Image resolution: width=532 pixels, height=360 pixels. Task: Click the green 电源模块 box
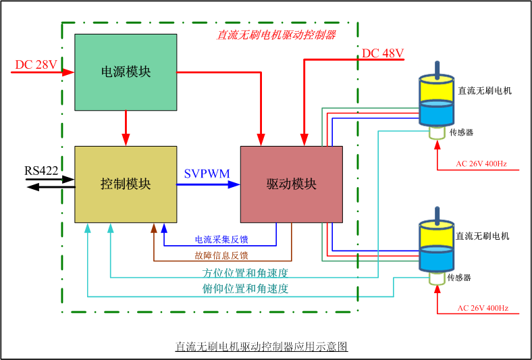pyautogui.click(x=126, y=71)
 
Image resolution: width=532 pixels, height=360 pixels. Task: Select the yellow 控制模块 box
pyautogui.click(x=126, y=184)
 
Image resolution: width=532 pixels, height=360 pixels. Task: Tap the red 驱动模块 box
pyautogui.click(x=291, y=184)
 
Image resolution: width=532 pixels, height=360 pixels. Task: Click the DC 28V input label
pyautogui.click(x=36, y=65)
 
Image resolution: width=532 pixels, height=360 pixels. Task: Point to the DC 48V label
pyautogui.click(x=383, y=53)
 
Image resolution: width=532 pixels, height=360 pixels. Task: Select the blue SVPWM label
pyautogui.click(x=207, y=174)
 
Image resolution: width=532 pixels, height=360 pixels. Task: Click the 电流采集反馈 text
pyautogui.click(x=221, y=239)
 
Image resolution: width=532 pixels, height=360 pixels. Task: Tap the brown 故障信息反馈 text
pyautogui.click(x=221, y=255)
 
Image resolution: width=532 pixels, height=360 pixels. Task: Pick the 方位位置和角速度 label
pyautogui.click(x=246, y=273)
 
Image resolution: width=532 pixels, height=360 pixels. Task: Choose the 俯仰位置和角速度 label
pyautogui.click(x=246, y=288)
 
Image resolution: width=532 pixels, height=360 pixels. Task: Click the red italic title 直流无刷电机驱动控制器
pyautogui.click(x=276, y=34)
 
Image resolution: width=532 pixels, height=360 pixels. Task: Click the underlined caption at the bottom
pyautogui.click(x=261, y=346)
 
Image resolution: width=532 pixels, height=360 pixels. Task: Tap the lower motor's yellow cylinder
pyautogui.click(x=437, y=235)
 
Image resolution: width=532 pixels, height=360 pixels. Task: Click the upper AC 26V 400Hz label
pyautogui.click(x=481, y=163)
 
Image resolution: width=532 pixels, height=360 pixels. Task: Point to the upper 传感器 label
pyautogui.click(x=461, y=132)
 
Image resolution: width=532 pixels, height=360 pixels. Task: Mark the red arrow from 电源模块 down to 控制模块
pyautogui.click(x=126, y=128)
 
